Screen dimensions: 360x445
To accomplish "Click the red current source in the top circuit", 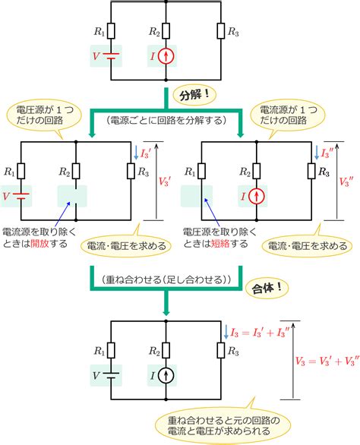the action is (x=166, y=56).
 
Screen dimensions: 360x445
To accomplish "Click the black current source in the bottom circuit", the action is (x=166, y=376).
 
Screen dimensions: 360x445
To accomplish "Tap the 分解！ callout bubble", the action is (x=194, y=95).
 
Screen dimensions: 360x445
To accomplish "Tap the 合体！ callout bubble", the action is (x=267, y=289).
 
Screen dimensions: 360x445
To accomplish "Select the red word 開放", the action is (x=39, y=244).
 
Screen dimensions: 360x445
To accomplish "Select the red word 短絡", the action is (x=220, y=244).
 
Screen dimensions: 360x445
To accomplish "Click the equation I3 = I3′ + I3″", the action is (x=260, y=333).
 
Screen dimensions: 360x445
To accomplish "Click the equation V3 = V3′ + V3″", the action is (x=327, y=361).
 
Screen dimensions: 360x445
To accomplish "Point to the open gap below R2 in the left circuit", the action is (x=76, y=196).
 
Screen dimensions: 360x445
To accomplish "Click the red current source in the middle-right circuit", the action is (x=257, y=196).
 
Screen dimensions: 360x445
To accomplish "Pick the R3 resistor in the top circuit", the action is (x=221, y=30).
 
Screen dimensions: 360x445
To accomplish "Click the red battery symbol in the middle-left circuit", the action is (x=21, y=196).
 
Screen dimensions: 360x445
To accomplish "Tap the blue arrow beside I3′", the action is (x=136, y=153).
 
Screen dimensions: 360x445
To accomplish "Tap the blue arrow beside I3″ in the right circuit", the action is (x=317, y=153).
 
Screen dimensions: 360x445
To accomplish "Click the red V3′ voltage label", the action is (x=165, y=181).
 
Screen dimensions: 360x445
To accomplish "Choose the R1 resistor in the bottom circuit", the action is (x=111, y=350).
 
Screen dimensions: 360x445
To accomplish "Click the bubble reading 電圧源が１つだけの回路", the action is (x=44, y=115).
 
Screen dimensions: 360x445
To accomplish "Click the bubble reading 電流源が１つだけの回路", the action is (x=288, y=115).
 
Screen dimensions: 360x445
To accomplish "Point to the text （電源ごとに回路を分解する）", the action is (x=166, y=120).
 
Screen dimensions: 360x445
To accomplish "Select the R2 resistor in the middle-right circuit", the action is (x=257, y=171).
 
